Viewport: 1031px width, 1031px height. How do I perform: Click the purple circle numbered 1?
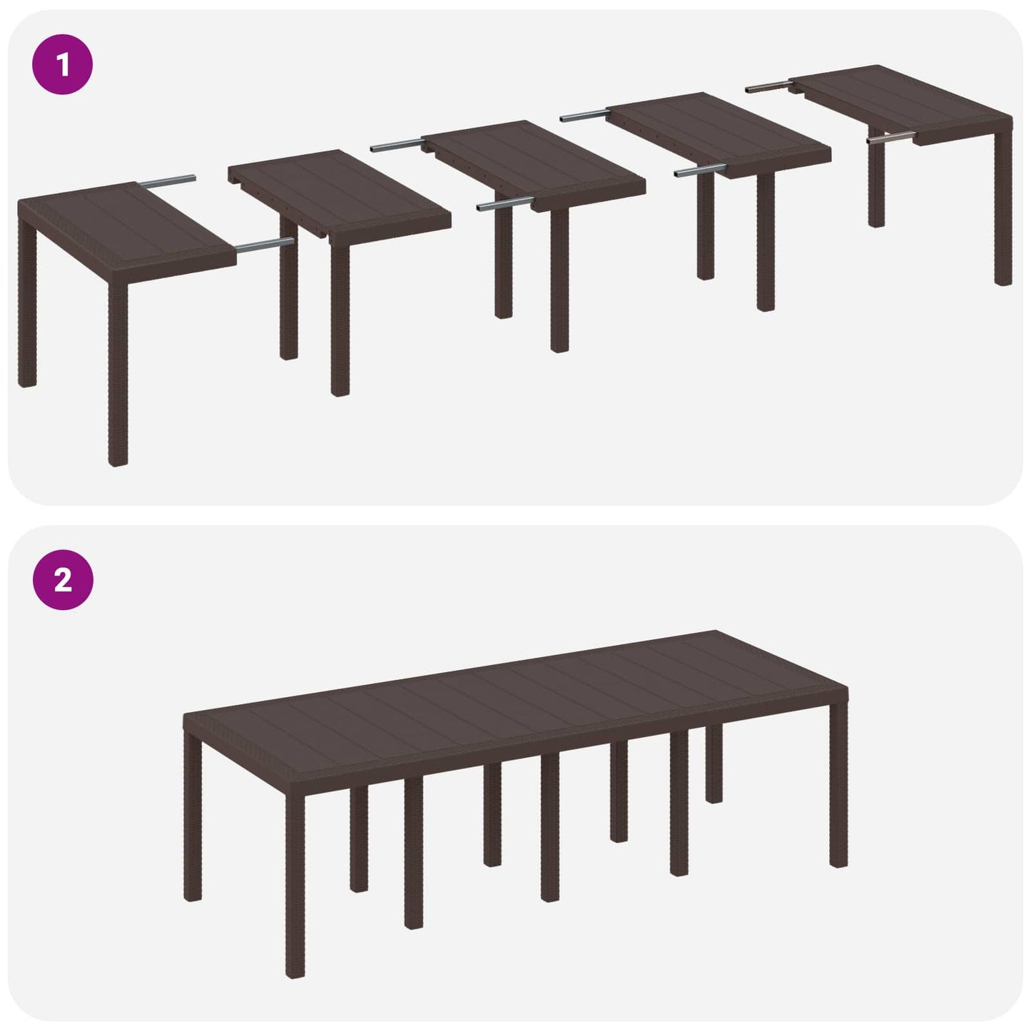click(x=63, y=65)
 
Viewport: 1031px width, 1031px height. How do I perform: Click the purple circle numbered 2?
click(x=63, y=580)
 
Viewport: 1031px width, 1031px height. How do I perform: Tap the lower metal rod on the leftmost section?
click(x=264, y=245)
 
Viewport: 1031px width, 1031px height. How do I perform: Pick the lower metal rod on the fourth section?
click(x=699, y=171)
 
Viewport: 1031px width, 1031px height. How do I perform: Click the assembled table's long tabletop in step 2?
click(x=514, y=699)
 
